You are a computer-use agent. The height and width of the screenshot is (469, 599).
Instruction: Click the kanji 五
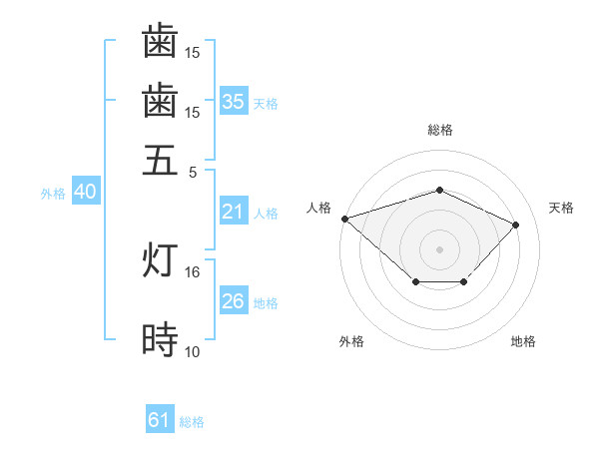coord(160,160)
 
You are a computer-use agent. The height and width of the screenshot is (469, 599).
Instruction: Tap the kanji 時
coord(160,341)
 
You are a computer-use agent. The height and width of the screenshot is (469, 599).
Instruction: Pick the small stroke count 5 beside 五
coord(193,172)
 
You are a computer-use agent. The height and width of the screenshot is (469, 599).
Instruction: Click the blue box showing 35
coord(234,102)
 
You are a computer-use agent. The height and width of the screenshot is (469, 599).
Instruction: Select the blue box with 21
coord(234,212)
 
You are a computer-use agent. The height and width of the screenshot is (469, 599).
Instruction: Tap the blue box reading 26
coord(234,301)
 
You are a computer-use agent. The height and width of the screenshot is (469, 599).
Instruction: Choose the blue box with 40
coord(85,193)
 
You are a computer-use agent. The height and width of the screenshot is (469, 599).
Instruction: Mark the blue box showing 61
coord(160,421)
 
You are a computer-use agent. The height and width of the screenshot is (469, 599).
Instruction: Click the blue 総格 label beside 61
coord(192,422)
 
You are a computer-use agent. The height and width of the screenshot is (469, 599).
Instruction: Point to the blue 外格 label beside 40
coord(53,194)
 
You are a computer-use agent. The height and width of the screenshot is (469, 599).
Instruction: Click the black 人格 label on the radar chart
coord(319,208)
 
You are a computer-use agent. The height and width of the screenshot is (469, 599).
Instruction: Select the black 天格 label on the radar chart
coord(561,208)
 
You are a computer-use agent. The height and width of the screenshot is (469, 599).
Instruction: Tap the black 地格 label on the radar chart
coord(523,341)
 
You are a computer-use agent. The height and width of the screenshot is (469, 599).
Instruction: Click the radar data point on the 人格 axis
coord(344,219)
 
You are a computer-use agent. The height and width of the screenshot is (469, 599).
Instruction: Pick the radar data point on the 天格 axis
coord(516,225)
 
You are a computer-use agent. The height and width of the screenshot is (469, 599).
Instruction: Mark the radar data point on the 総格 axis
coord(439,190)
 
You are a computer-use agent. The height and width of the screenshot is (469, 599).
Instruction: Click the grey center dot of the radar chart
coord(439,248)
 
